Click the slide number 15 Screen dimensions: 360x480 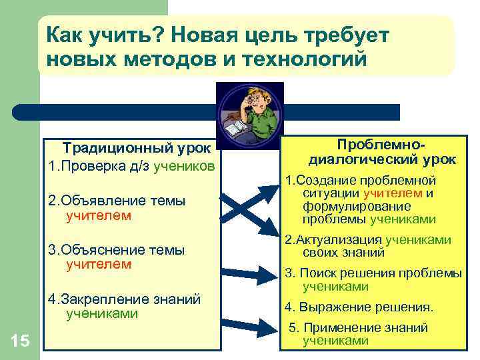pos(20,342)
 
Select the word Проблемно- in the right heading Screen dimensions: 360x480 pos(381,145)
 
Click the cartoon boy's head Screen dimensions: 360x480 pos(257,100)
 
